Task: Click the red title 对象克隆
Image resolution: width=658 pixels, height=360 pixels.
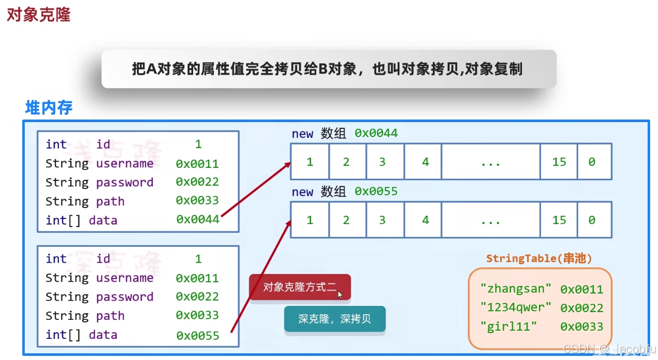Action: (38, 14)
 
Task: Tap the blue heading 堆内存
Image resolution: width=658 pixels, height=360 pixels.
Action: (49, 107)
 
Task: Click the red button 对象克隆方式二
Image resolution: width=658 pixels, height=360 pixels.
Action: (299, 287)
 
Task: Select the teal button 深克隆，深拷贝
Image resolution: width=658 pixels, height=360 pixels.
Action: (334, 319)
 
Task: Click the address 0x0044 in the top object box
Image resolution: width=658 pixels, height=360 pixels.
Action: (197, 219)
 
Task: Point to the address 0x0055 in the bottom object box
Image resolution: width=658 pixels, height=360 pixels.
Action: (197, 335)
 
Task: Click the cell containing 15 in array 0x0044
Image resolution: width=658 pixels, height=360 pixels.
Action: (559, 162)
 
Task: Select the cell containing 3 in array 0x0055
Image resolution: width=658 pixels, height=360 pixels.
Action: (382, 220)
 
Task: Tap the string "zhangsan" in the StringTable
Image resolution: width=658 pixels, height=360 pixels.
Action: (516, 288)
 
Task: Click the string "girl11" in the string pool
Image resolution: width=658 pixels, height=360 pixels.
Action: (509, 327)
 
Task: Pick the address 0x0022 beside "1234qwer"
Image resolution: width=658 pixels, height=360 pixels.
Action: (582, 308)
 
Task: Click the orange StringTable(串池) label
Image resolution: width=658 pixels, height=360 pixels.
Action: (539, 259)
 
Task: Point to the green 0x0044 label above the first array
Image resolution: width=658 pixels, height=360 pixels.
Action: (376, 133)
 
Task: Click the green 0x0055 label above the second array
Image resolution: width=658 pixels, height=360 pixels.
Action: (376, 192)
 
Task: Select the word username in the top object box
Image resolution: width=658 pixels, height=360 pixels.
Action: (125, 163)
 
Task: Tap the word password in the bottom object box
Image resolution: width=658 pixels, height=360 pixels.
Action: (125, 297)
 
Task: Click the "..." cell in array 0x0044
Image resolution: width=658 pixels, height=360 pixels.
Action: (491, 162)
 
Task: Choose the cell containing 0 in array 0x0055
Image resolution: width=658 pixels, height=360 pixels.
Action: (592, 220)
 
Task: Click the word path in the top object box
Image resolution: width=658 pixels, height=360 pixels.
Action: (110, 201)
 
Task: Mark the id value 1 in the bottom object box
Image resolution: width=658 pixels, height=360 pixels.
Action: (198, 259)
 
